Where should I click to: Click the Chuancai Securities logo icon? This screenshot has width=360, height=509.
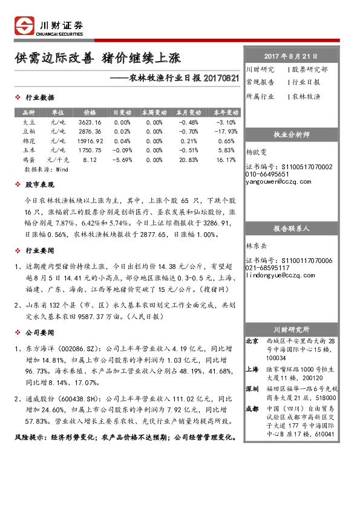(25, 25)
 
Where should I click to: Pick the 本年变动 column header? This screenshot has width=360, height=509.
(225, 113)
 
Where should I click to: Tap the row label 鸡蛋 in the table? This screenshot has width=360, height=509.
(28, 160)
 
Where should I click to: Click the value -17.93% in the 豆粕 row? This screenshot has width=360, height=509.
(225, 131)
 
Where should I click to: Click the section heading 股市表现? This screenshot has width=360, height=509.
(39, 184)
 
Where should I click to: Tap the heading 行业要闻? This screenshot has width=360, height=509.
(39, 250)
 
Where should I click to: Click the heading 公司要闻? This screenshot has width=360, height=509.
(39, 332)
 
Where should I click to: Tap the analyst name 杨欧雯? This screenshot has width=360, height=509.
(257, 153)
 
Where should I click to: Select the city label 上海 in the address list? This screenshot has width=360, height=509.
(252, 369)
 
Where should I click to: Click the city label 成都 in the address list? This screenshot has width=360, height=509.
(252, 409)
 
